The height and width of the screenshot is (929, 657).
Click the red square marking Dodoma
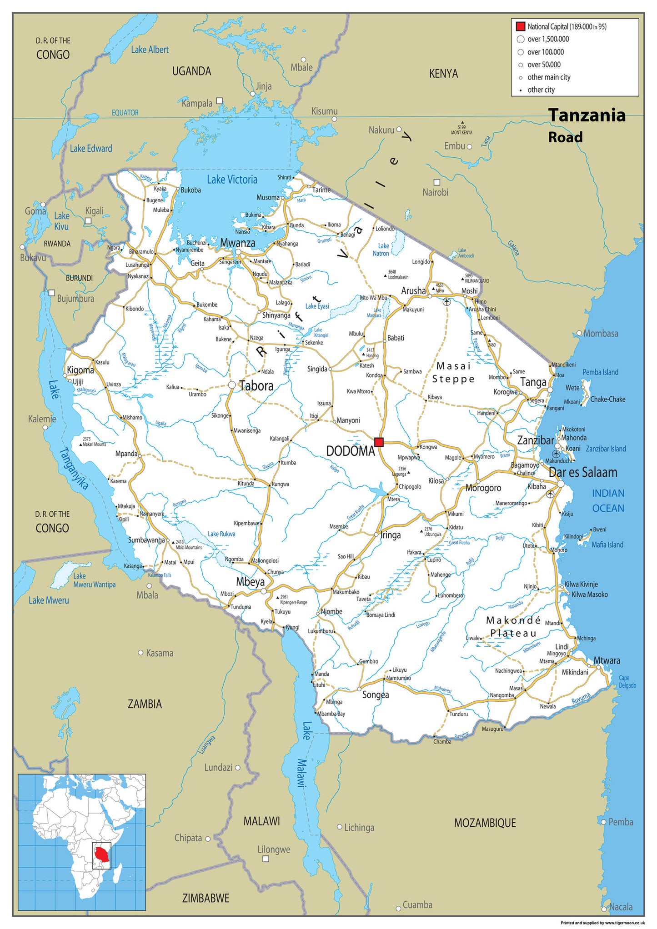point(379,442)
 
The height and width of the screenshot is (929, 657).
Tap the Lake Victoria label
point(232,180)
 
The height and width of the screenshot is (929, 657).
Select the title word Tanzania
point(587,115)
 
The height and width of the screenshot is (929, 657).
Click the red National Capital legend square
point(521,26)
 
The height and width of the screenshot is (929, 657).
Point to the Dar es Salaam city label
point(583,472)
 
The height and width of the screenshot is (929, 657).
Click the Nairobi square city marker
point(436,182)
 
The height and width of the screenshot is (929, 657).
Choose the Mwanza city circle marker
point(238,251)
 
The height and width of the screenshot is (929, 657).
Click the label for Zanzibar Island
point(606,449)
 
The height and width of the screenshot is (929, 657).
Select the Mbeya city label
point(250,582)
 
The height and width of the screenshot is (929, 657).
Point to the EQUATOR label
point(125,113)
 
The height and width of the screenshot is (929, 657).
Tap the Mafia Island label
point(607,544)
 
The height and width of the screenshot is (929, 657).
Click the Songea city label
point(376,694)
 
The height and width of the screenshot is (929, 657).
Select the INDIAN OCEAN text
point(608,500)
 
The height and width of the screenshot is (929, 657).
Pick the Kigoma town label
point(80,370)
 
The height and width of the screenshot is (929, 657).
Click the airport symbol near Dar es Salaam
point(551,494)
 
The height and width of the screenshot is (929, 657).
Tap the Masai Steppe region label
point(453,372)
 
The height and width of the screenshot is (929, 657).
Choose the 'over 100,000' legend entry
point(545,52)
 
